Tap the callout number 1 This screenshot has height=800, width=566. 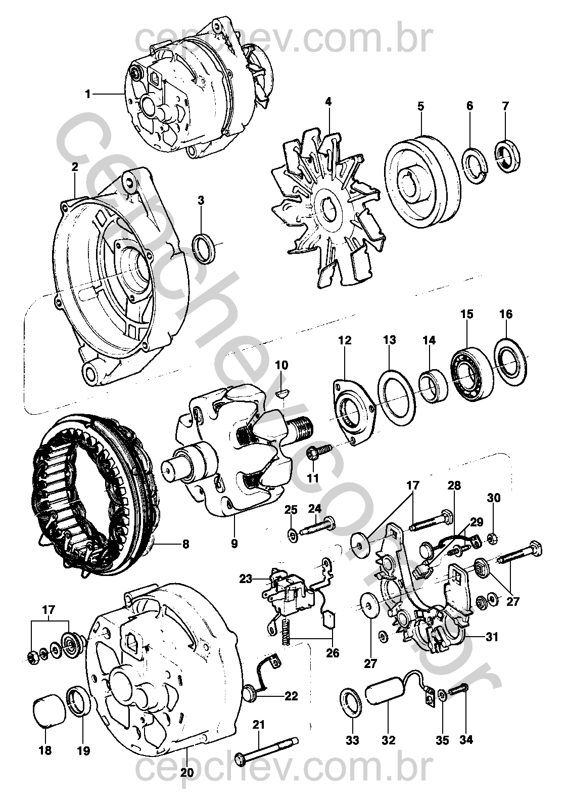pos(88,94)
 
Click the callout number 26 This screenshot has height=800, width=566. pos(332,653)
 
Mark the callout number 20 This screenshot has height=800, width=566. pos(186,773)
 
